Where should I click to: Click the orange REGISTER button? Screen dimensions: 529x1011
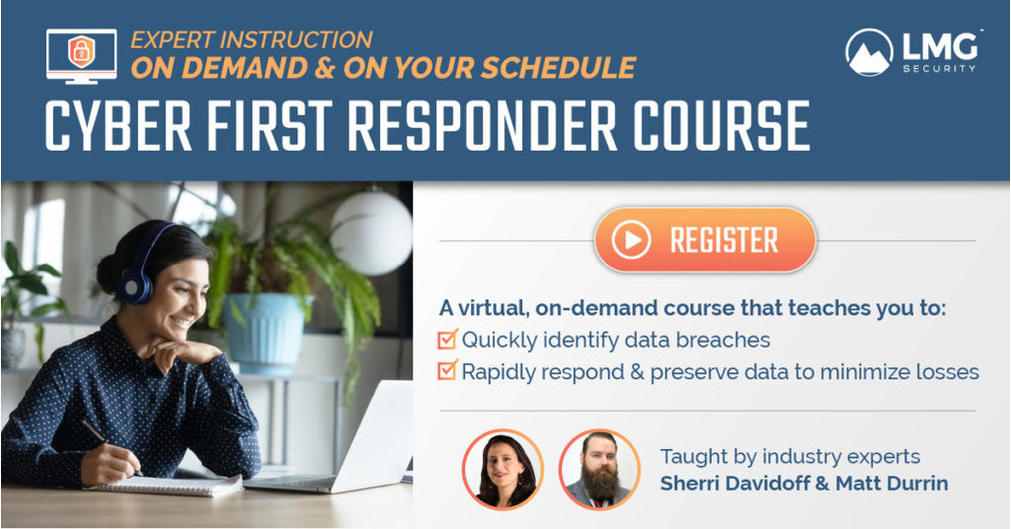(704, 239)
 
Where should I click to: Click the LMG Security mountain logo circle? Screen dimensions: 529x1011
(870, 51)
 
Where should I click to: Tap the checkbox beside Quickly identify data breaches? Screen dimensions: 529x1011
(447, 340)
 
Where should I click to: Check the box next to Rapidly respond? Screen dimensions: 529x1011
(447, 372)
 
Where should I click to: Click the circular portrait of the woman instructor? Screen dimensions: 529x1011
(504, 469)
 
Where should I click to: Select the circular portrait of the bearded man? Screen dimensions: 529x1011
(599, 469)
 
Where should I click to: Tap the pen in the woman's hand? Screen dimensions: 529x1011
(98, 436)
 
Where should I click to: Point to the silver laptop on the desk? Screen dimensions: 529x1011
(355, 439)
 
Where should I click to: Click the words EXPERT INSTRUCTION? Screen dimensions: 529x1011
(252, 40)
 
